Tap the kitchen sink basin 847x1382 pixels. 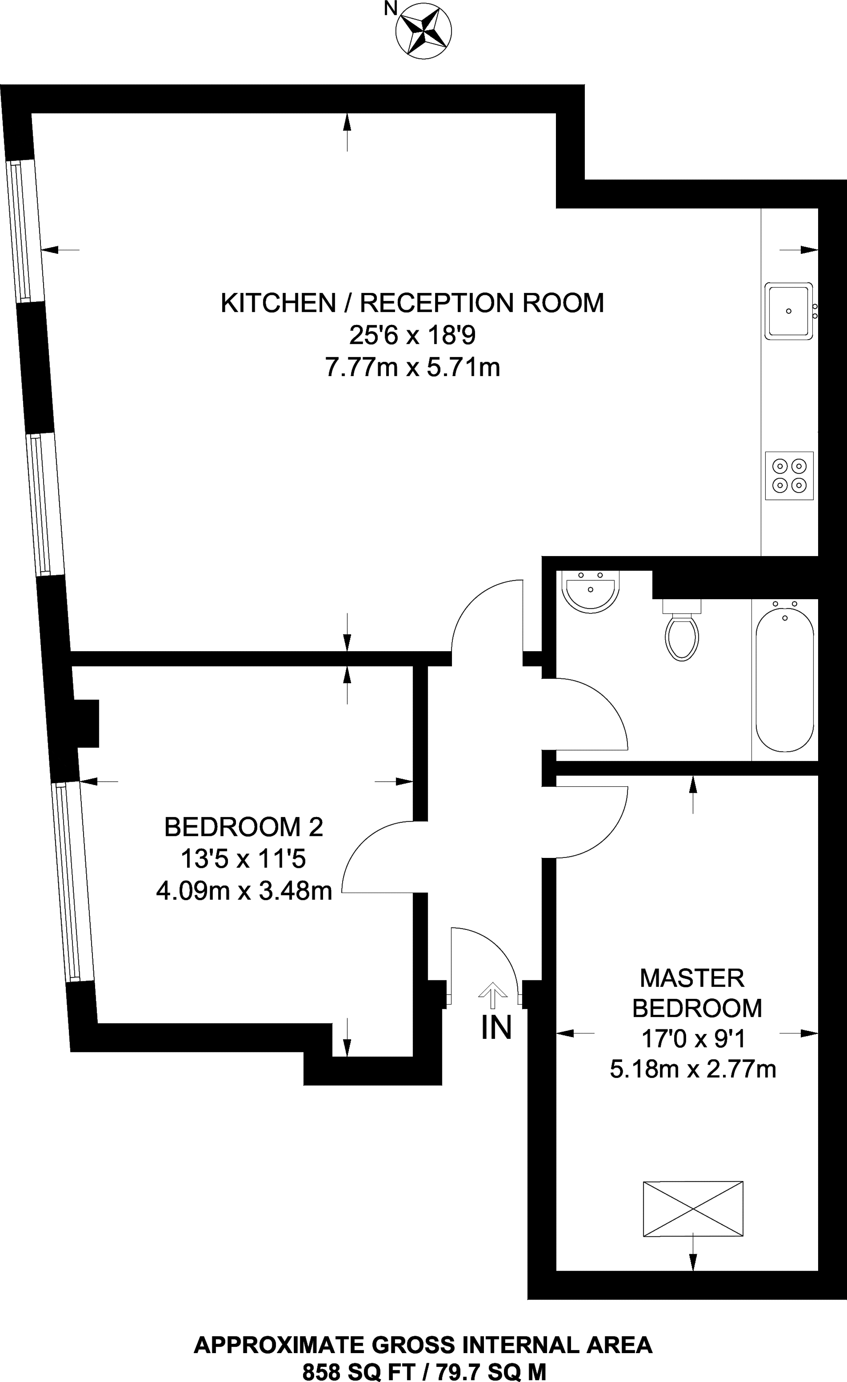pos(788,311)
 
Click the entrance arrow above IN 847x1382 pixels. pos(492,995)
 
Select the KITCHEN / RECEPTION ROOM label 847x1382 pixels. pos(412,303)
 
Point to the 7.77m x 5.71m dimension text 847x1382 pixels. pos(412,368)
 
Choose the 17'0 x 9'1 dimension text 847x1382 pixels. pos(693,1039)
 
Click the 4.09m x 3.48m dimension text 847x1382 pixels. pos(244,891)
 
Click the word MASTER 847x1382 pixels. pos(692,978)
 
